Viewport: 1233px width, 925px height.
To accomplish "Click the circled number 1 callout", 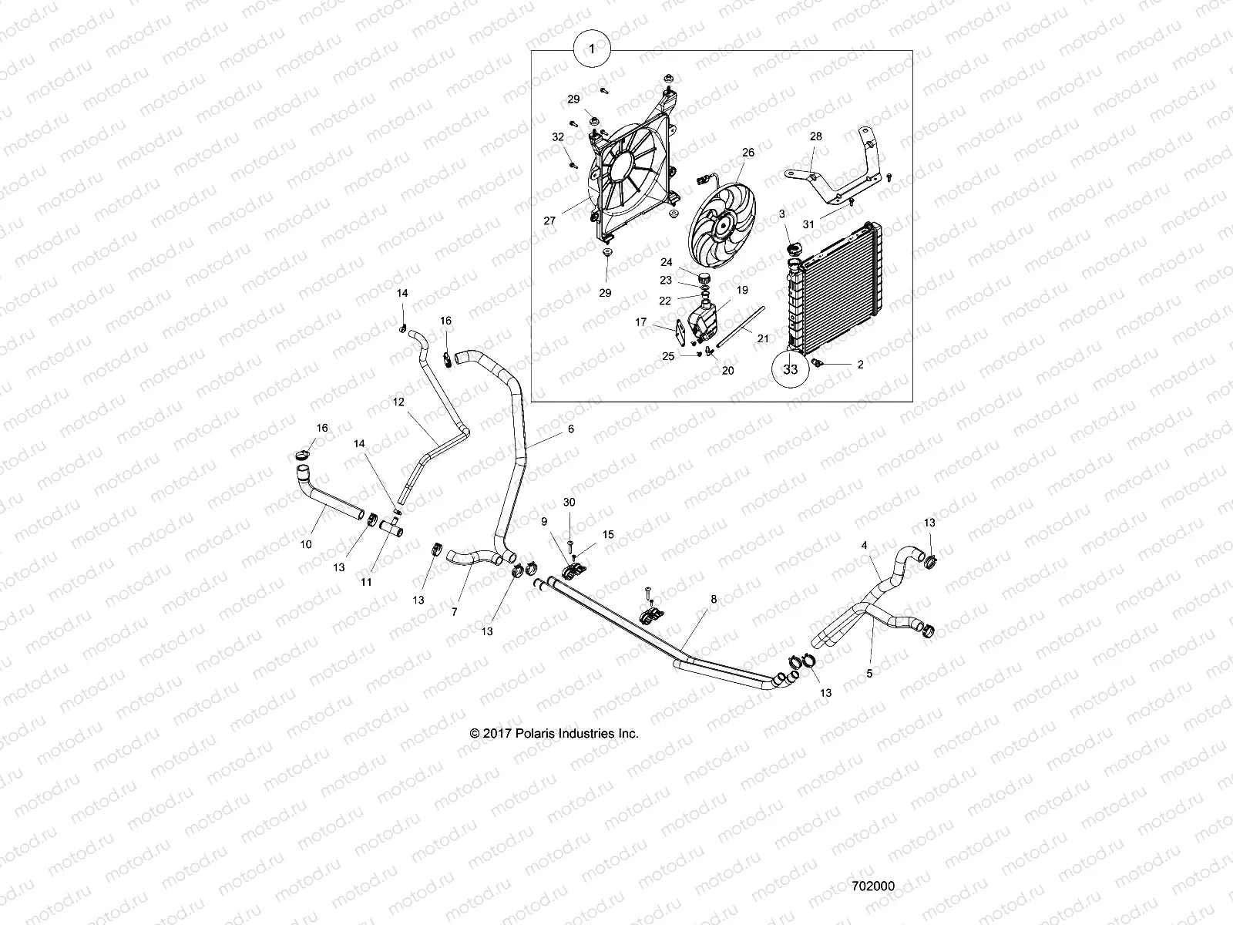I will [x=591, y=48].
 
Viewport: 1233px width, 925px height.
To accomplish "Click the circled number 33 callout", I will [x=790, y=368].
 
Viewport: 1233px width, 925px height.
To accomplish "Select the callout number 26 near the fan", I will [x=748, y=153].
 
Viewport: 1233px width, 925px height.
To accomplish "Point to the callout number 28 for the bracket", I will [x=815, y=136].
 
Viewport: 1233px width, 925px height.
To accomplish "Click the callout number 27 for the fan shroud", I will [x=549, y=220].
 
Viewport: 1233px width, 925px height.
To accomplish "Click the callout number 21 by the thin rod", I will [x=762, y=338].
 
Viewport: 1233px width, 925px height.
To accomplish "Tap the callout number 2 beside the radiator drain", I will [x=861, y=365].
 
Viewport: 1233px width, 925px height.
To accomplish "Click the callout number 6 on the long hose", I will [x=571, y=428].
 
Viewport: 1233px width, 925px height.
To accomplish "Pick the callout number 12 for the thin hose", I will [x=398, y=402].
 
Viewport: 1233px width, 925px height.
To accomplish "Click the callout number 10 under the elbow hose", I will [x=306, y=544].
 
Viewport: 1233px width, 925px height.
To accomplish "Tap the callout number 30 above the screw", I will [x=569, y=502].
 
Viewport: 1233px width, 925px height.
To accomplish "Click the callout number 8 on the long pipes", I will [x=713, y=598].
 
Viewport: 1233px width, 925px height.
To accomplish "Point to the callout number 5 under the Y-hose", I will [x=869, y=673].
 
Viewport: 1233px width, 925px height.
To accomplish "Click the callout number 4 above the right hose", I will [x=865, y=545].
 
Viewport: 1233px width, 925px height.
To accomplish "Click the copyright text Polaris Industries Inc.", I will [x=554, y=734].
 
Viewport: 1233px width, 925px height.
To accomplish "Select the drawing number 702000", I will [x=873, y=886].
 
